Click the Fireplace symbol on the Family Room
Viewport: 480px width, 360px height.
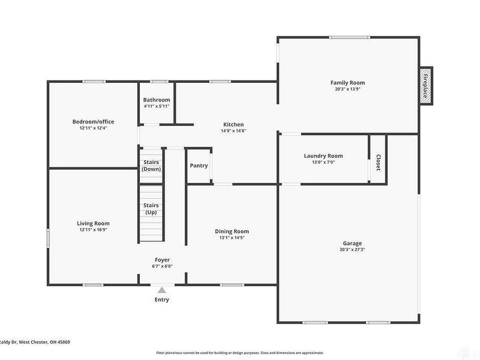[425, 86]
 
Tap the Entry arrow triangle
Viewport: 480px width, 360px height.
[161, 290]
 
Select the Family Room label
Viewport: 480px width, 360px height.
[347, 83]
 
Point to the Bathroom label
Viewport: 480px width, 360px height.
[157, 100]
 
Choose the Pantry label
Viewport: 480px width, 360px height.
[199, 166]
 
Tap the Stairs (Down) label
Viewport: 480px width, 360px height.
[151, 166]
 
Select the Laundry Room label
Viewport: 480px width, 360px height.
[323, 156]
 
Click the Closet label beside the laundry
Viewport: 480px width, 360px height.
[378, 163]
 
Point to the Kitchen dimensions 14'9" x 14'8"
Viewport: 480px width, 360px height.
[233, 131]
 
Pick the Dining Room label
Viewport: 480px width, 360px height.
[232, 231]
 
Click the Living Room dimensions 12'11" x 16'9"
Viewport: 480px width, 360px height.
[93, 229]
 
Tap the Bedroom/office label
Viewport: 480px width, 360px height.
[93, 122]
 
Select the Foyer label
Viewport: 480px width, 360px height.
[162, 260]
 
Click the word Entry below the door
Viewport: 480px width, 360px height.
[162, 299]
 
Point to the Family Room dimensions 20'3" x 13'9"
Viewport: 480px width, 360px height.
[347, 89]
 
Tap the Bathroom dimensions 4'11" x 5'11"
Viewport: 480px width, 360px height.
[157, 106]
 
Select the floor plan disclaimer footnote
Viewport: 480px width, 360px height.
[240, 353]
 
